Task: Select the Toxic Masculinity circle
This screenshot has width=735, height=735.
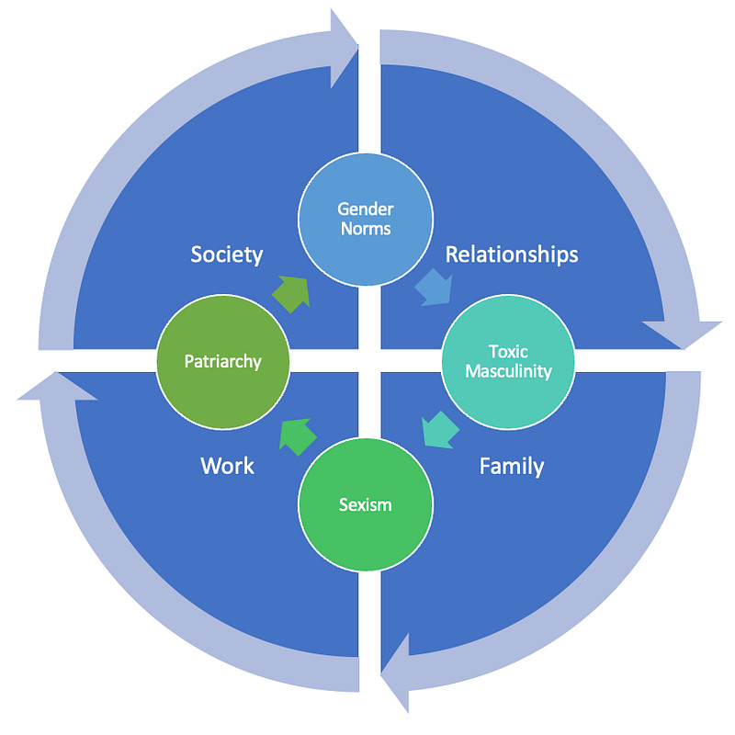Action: click(x=508, y=361)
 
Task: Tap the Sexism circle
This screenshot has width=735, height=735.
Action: click(x=366, y=503)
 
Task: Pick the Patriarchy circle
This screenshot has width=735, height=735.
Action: click(x=223, y=361)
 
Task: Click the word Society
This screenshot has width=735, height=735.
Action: click(x=227, y=254)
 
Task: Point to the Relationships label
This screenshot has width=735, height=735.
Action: click(x=512, y=254)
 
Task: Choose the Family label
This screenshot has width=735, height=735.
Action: click(x=512, y=467)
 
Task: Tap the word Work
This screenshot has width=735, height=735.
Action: click(x=227, y=467)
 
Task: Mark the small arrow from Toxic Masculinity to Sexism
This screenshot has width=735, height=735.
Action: click(x=438, y=429)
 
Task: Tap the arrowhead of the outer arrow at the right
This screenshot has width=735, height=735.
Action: click(x=682, y=333)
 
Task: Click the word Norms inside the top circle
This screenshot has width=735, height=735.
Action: click(x=366, y=228)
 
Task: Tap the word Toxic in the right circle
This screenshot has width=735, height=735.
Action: click(x=508, y=352)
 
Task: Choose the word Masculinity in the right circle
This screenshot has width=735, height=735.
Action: click(x=508, y=371)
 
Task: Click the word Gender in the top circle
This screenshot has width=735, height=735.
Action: click(x=366, y=209)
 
